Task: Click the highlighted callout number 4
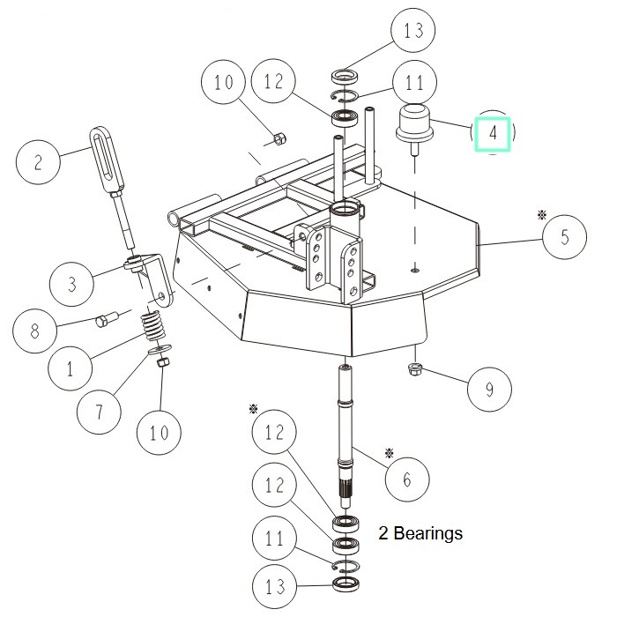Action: [x=494, y=135]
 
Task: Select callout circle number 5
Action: [x=565, y=237]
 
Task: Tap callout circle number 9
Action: [x=489, y=388]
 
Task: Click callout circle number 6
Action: [x=406, y=479]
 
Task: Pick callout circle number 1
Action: [x=71, y=368]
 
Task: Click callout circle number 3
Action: [x=73, y=284]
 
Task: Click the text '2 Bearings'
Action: [x=420, y=533]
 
